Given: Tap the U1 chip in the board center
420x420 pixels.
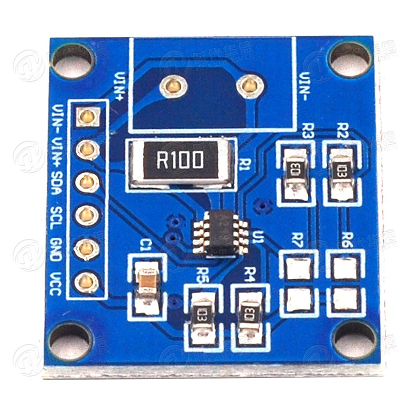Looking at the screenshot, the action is tap(221, 233).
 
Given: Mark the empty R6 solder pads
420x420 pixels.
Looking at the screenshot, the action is tap(344, 284).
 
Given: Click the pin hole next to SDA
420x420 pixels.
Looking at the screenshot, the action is tap(87, 182).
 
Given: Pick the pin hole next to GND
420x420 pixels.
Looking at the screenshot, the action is tap(87, 248).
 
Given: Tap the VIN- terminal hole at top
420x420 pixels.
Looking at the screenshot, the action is tap(247, 84).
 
